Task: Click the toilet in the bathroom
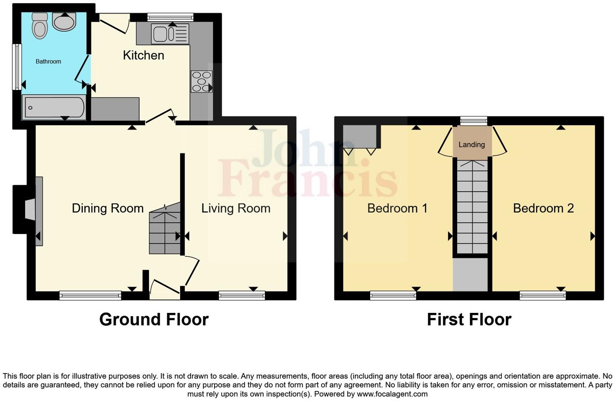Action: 40,26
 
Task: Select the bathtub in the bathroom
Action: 54,108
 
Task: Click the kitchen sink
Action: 170,34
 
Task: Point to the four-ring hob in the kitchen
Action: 201,81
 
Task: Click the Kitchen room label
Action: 143,55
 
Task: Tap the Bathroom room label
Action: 48,61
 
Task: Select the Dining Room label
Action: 108,208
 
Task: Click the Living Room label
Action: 236,208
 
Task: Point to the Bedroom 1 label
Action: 397,208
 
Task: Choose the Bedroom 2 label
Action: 543,208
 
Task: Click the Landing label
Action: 471,145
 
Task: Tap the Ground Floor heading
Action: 154,319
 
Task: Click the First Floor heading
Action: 469,319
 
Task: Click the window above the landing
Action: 473,120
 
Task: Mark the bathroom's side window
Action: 17,67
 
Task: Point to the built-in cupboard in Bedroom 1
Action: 360,137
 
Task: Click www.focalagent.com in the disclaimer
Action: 392,394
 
